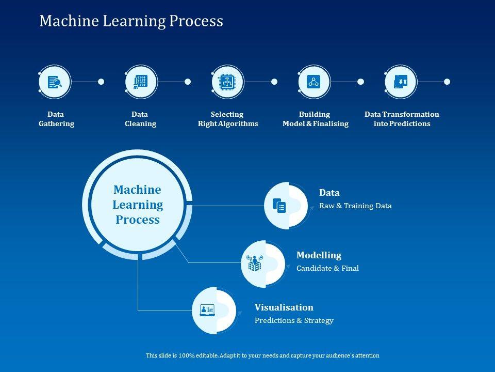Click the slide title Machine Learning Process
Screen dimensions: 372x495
(x=131, y=21)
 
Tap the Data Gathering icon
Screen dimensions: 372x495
(x=54, y=82)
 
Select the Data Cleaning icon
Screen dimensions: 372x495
(x=141, y=82)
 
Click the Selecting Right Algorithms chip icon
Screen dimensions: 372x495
(x=227, y=82)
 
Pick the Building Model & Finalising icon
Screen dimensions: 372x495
(x=314, y=82)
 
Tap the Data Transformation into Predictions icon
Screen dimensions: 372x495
(x=401, y=82)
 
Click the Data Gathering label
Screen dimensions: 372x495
(x=56, y=119)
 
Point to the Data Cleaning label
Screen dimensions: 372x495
(x=140, y=119)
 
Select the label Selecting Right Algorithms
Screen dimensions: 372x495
(x=227, y=119)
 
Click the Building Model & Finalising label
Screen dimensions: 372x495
(x=315, y=119)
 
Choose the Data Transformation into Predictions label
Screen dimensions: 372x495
(x=402, y=119)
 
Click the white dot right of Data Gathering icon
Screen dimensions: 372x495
(x=101, y=82)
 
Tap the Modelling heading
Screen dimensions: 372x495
(x=319, y=255)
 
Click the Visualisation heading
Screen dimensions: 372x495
(x=284, y=307)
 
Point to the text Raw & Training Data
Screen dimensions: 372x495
(x=355, y=206)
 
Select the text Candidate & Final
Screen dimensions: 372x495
(x=327, y=268)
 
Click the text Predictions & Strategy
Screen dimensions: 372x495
(x=294, y=320)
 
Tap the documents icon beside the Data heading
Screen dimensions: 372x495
(x=279, y=205)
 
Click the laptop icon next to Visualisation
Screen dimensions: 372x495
(x=207, y=310)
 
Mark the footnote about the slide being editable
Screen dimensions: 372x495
(x=262, y=355)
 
